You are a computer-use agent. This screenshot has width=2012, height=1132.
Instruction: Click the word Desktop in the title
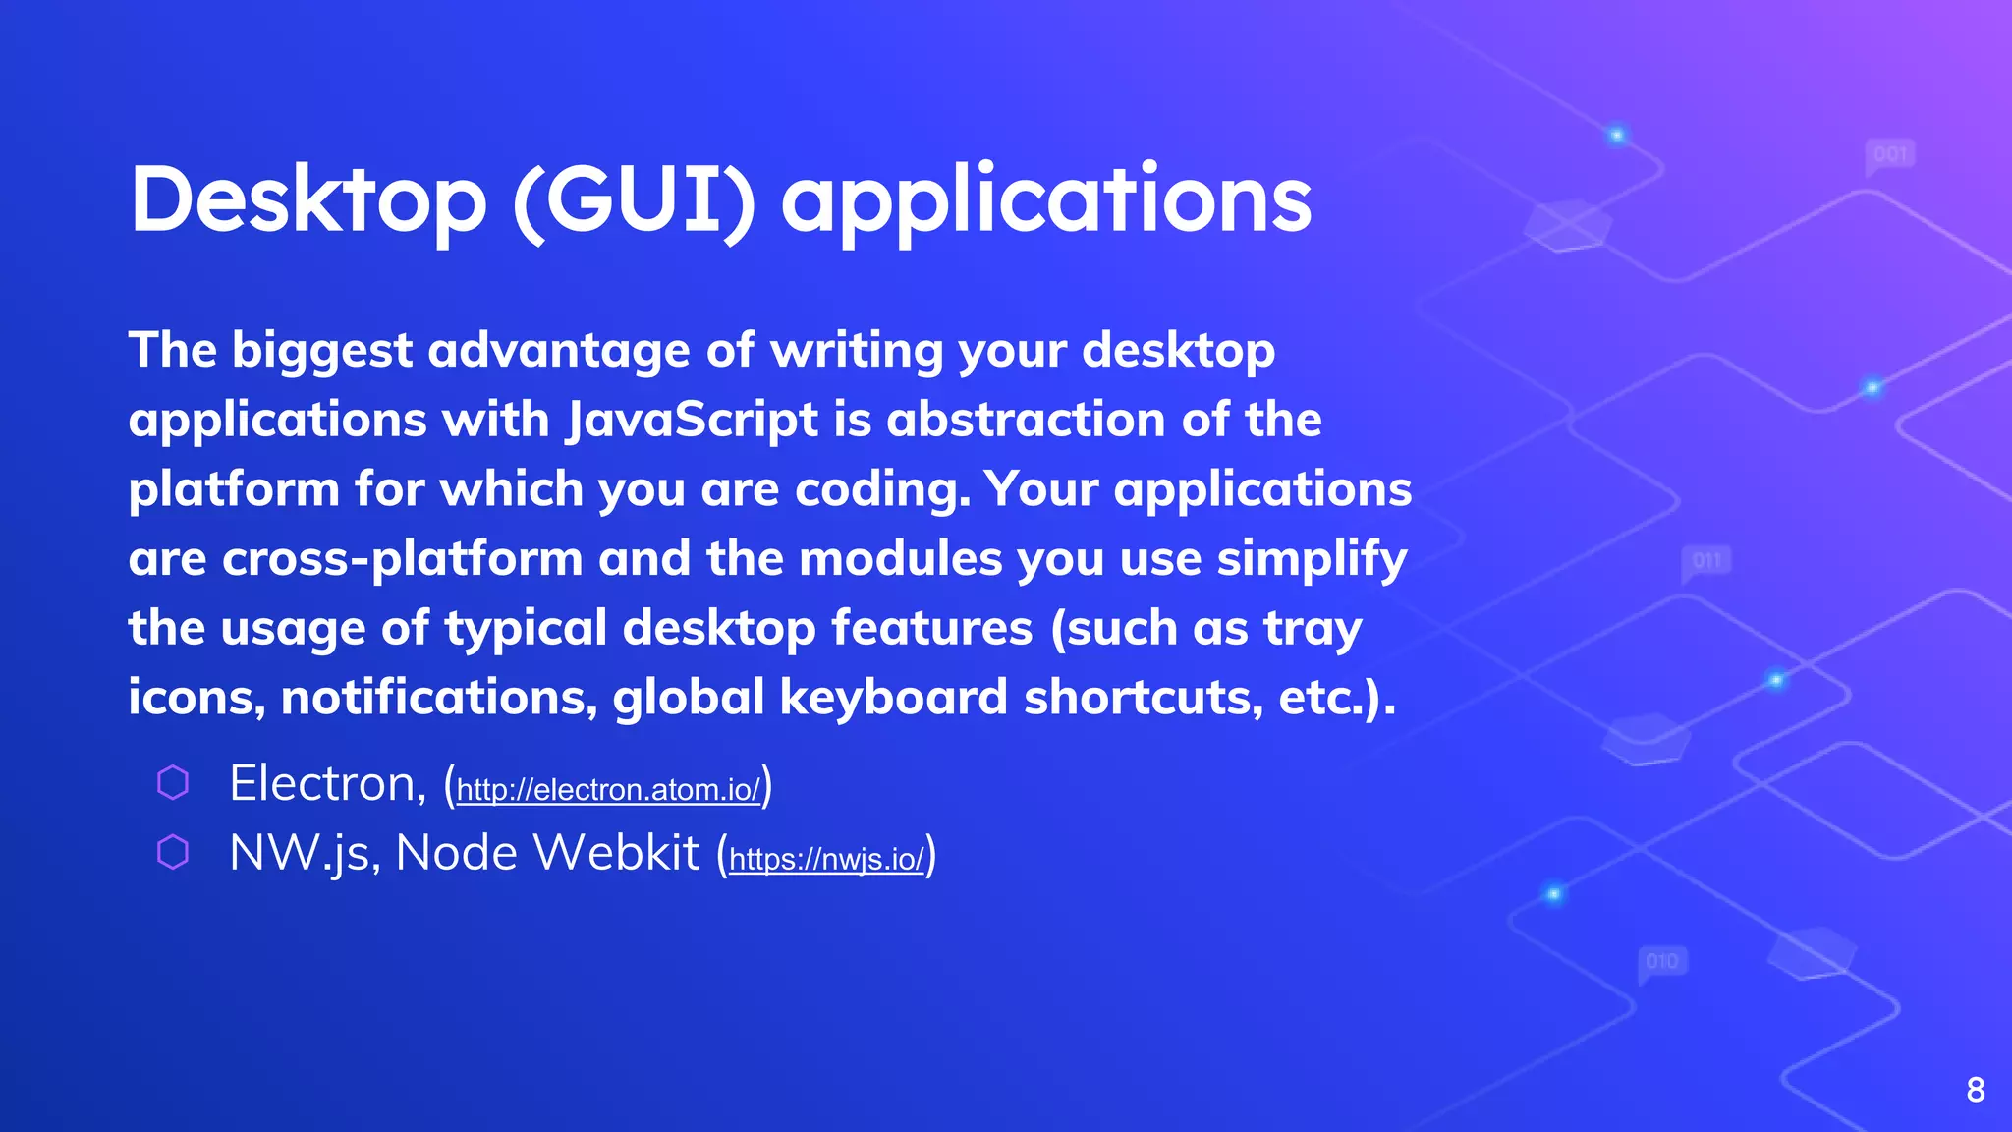click(x=307, y=199)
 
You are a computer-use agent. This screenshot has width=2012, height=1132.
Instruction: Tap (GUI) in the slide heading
click(x=635, y=199)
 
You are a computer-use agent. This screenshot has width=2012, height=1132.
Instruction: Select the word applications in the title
click(x=1045, y=199)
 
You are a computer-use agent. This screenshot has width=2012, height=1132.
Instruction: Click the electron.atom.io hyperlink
click(x=608, y=790)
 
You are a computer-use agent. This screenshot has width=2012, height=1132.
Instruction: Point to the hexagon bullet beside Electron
click(x=173, y=783)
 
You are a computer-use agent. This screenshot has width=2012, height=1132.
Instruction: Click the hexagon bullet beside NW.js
click(x=173, y=852)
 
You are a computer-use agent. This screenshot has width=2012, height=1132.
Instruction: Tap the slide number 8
click(x=1976, y=1090)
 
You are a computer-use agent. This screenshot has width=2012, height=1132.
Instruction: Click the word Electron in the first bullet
click(x=321, y=784)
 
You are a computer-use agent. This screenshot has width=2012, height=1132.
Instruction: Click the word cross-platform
click(x=403, y=559)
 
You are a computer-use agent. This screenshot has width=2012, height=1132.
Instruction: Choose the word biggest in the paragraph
click(x=322, y=351)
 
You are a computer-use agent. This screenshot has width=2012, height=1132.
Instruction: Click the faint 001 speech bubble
click(x=1890, y=155)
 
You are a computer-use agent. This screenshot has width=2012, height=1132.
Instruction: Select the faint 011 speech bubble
click(x=1706, y=561)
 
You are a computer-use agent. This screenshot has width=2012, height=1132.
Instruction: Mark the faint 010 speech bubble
click(x=1662, y=961)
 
